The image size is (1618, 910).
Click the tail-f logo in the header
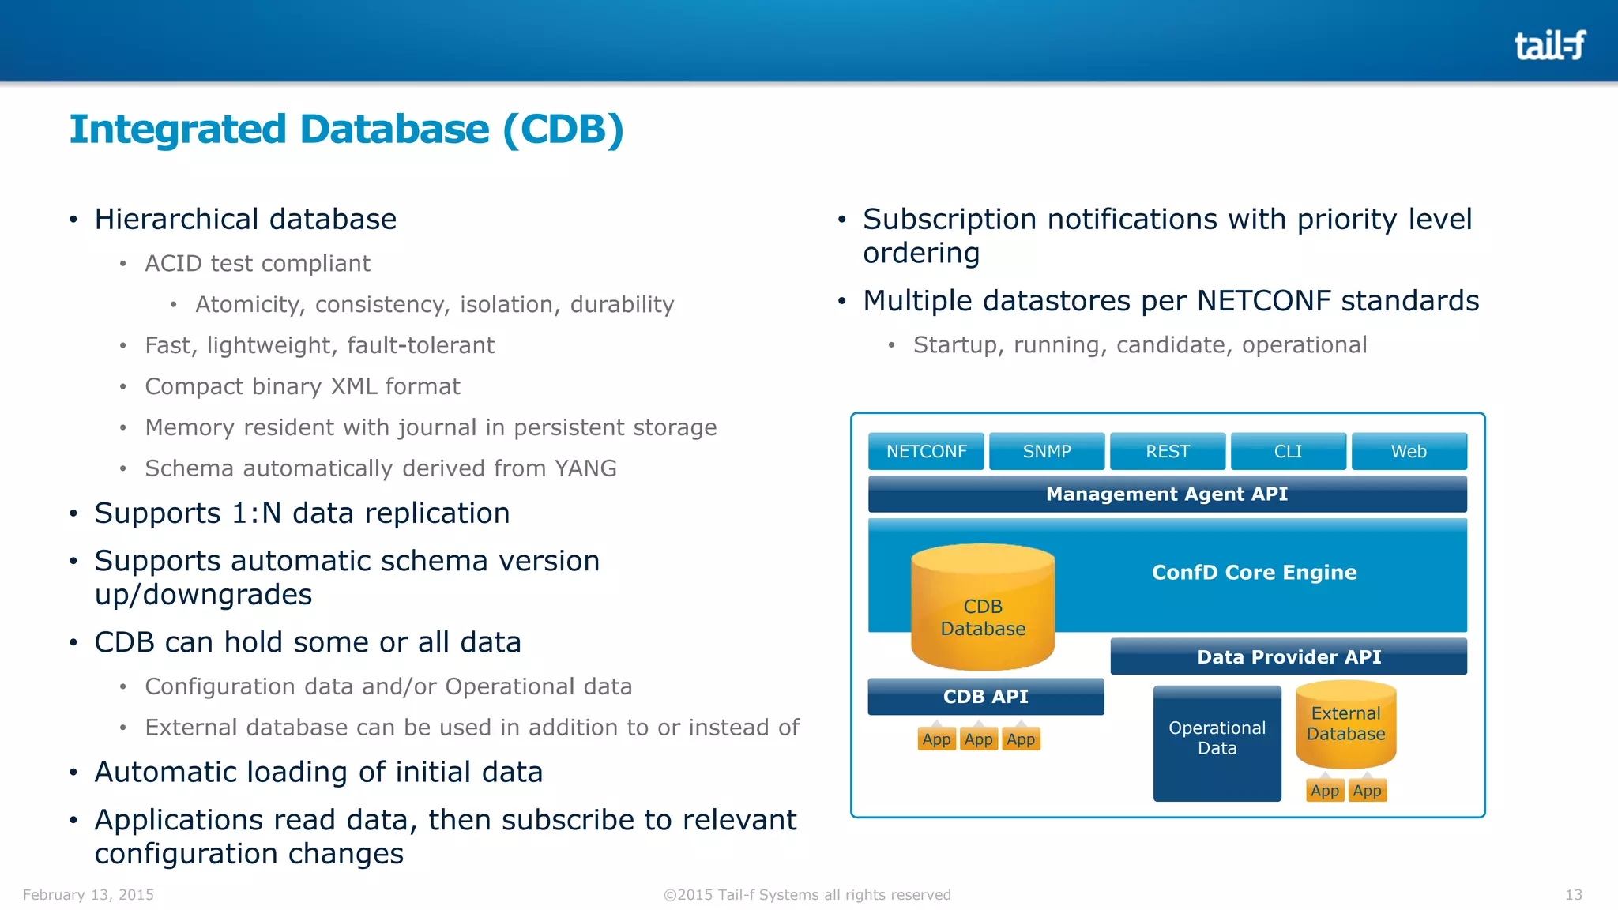click(x=1549, y=45)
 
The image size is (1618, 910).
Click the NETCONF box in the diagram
click(x=926, y=451)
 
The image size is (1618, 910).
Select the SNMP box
click(x=1047, y=451)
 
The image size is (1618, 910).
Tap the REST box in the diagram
click(x=1168, y=451)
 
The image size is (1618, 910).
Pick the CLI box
click(x=1288, y=451)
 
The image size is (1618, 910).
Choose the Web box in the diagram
click(x=1409, y=451)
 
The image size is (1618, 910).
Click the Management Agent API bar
click(x=1167, y=494)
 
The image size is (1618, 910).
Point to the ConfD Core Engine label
click(x=1254, y=572)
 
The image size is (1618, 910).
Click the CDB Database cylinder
click(x=983, y=608)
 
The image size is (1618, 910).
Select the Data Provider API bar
click(x=1289, y=656)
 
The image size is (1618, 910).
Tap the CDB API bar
click(x=985, y=697)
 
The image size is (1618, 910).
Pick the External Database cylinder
click(x=1345, y=725)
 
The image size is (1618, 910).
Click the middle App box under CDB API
click(x=978, y=739)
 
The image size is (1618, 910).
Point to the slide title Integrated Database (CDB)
click(x=346, y=129)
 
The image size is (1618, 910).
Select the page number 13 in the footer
click(x=1574, y=894)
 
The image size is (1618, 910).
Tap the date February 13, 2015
click(x=88, y=894)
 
